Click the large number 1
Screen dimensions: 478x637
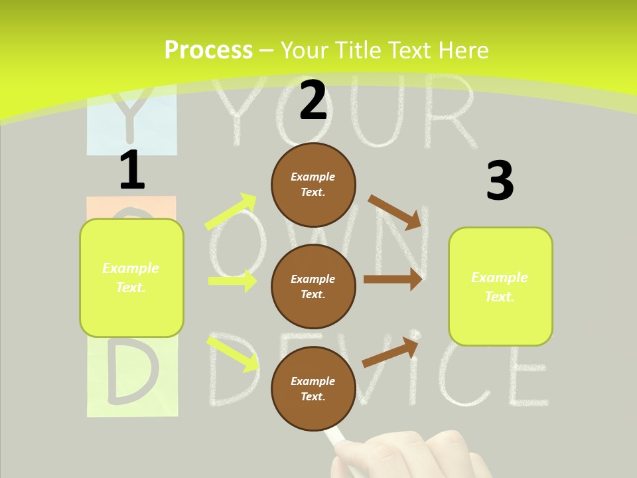(132, 170)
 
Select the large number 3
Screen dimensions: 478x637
(500, 181)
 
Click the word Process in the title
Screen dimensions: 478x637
(208, 50)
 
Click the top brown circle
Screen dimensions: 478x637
(313, 185)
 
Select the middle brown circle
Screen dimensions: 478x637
(313, 286)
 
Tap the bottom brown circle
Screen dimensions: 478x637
(313, 388)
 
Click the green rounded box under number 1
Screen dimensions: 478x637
(131, 278)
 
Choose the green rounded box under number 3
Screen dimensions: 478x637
(500, 286)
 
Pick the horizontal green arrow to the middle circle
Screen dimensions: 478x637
(232, 281)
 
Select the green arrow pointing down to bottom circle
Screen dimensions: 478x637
(233, 353)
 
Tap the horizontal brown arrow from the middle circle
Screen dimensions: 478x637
(393, 279)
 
